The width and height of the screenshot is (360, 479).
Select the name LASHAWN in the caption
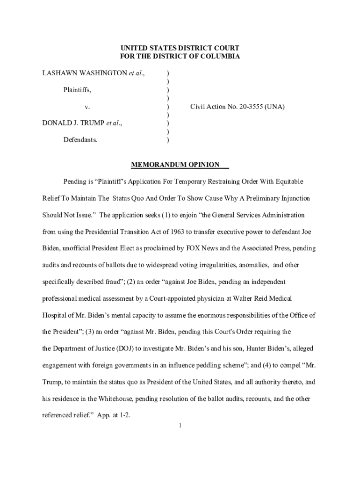click(x=58, y=73)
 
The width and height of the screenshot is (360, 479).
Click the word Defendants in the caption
click(x=81, y=140)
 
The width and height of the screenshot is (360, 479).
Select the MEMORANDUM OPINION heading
click(x=175, y=165)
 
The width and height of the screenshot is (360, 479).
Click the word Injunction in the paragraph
click(x=292, y=198)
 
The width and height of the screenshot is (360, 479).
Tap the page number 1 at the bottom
click(x=180, y=426)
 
